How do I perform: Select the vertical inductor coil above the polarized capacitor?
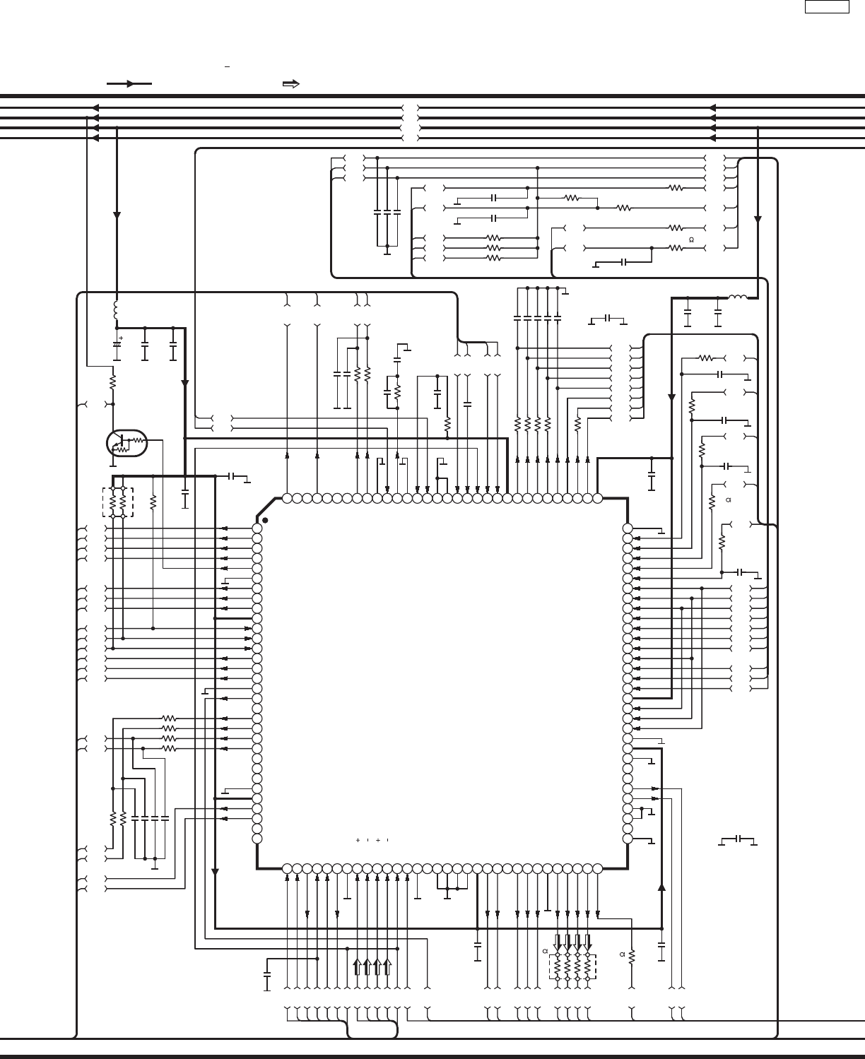117,310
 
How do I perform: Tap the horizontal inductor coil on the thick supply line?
737,297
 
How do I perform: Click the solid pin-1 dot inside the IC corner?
265,520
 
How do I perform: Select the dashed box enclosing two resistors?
118,502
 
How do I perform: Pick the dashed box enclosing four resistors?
572,967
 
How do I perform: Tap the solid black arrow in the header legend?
129,83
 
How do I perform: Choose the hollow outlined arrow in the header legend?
290,84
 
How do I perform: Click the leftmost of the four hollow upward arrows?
358,966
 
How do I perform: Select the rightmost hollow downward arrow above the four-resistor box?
587,942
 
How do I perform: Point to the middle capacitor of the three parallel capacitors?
387,211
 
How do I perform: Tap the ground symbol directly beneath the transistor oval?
113,466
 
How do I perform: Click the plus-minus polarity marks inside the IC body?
373,840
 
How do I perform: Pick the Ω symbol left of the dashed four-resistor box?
545,951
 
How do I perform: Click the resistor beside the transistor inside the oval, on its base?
138,439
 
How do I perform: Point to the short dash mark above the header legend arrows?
228,66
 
